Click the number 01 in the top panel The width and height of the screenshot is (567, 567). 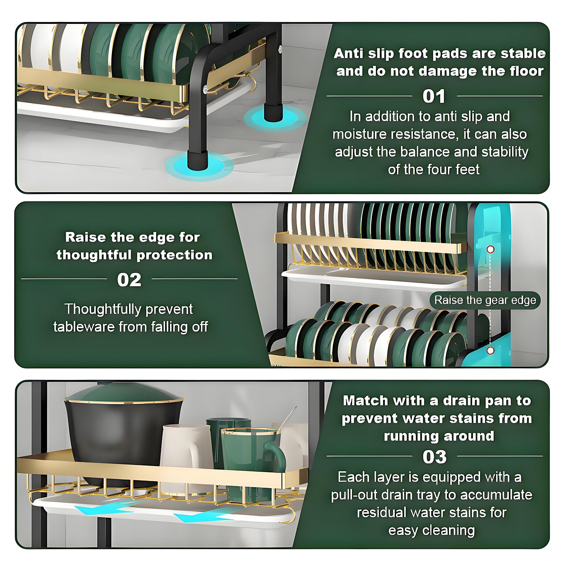pos(434,96)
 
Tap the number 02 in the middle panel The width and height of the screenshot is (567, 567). pos(129,280)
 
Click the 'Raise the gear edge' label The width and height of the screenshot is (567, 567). pos(485,300)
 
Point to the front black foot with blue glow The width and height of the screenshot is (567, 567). pos(198,160)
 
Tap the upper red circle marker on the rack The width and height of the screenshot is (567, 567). pos(490,249)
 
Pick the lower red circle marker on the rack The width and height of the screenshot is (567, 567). pos(490,350)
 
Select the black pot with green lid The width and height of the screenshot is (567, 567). pos(123,431)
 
